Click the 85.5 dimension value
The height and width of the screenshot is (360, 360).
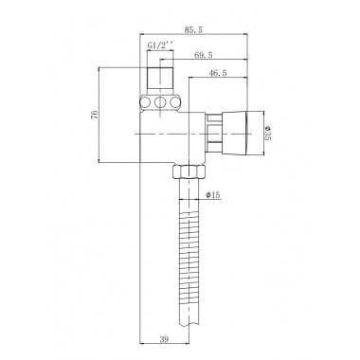tap(193, 30)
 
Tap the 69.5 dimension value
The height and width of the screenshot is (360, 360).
tap(204, 55)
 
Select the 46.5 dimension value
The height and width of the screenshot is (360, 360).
tap(218, 73)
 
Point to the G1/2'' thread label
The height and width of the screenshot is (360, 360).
tap(161, 45)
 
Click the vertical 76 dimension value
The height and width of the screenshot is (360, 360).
tap(94, 115)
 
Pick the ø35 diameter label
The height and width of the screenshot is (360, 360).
tap(268, 133)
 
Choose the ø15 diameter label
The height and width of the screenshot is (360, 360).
tap(212, 195)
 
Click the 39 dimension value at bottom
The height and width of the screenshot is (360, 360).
tap(164, 339)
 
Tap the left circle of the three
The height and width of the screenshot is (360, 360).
tap(146, 102)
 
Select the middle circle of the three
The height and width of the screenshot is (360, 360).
tap(160, 102)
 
